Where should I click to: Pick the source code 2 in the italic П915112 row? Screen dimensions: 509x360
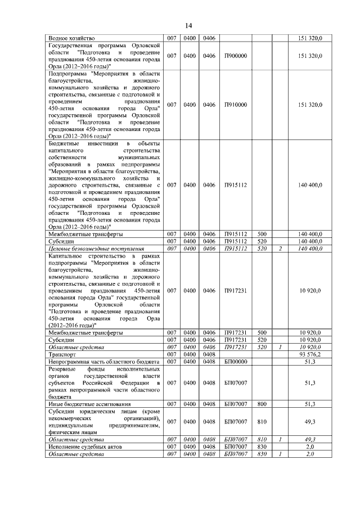coord(280,248)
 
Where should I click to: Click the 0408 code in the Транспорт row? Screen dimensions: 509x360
coord(209,355)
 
